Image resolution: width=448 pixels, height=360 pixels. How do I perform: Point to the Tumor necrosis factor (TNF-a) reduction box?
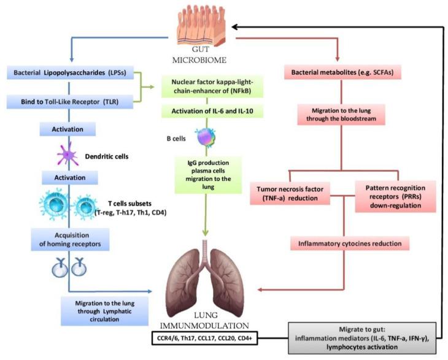coord(290,193)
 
